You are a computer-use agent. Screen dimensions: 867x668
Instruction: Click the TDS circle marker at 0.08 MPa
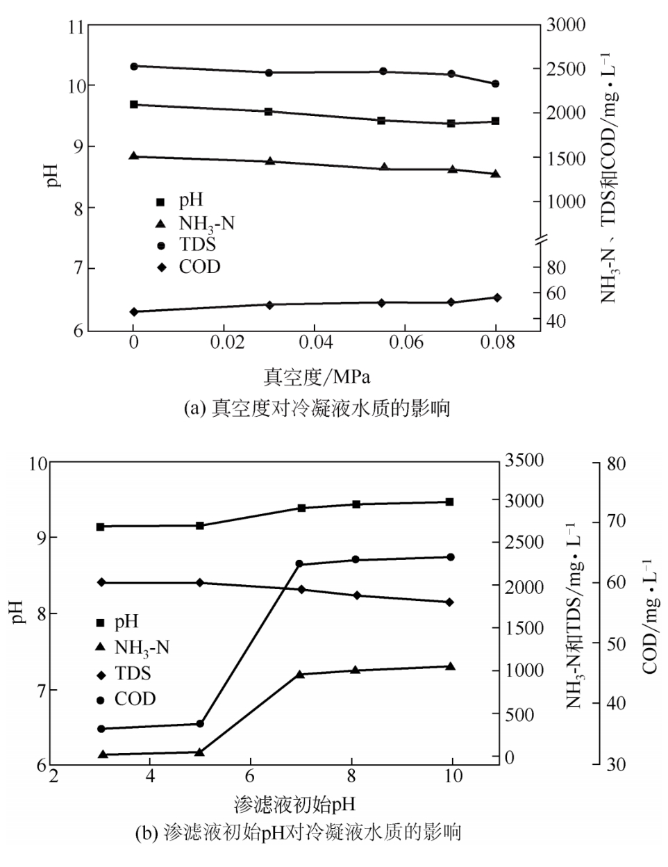(496, 84)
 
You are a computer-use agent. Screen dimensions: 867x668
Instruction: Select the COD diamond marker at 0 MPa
(133, 312)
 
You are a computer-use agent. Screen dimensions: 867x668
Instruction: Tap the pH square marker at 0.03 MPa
(269, 111)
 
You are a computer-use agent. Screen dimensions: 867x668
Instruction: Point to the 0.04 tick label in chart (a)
(314, 343)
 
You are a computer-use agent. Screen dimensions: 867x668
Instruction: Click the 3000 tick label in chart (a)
(567, 24)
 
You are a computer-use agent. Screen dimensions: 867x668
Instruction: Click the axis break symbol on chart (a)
(541, 240)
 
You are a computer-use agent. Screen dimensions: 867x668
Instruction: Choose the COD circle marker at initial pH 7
(300, 563)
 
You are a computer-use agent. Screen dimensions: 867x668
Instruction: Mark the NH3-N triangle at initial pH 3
(102, 754)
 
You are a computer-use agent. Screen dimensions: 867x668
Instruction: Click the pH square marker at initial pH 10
(450, 502)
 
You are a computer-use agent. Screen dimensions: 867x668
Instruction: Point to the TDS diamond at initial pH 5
(200, 583)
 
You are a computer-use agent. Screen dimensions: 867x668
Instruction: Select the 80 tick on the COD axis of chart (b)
(617, 461)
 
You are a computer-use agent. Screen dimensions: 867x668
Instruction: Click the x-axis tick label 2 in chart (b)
(54, 776)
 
